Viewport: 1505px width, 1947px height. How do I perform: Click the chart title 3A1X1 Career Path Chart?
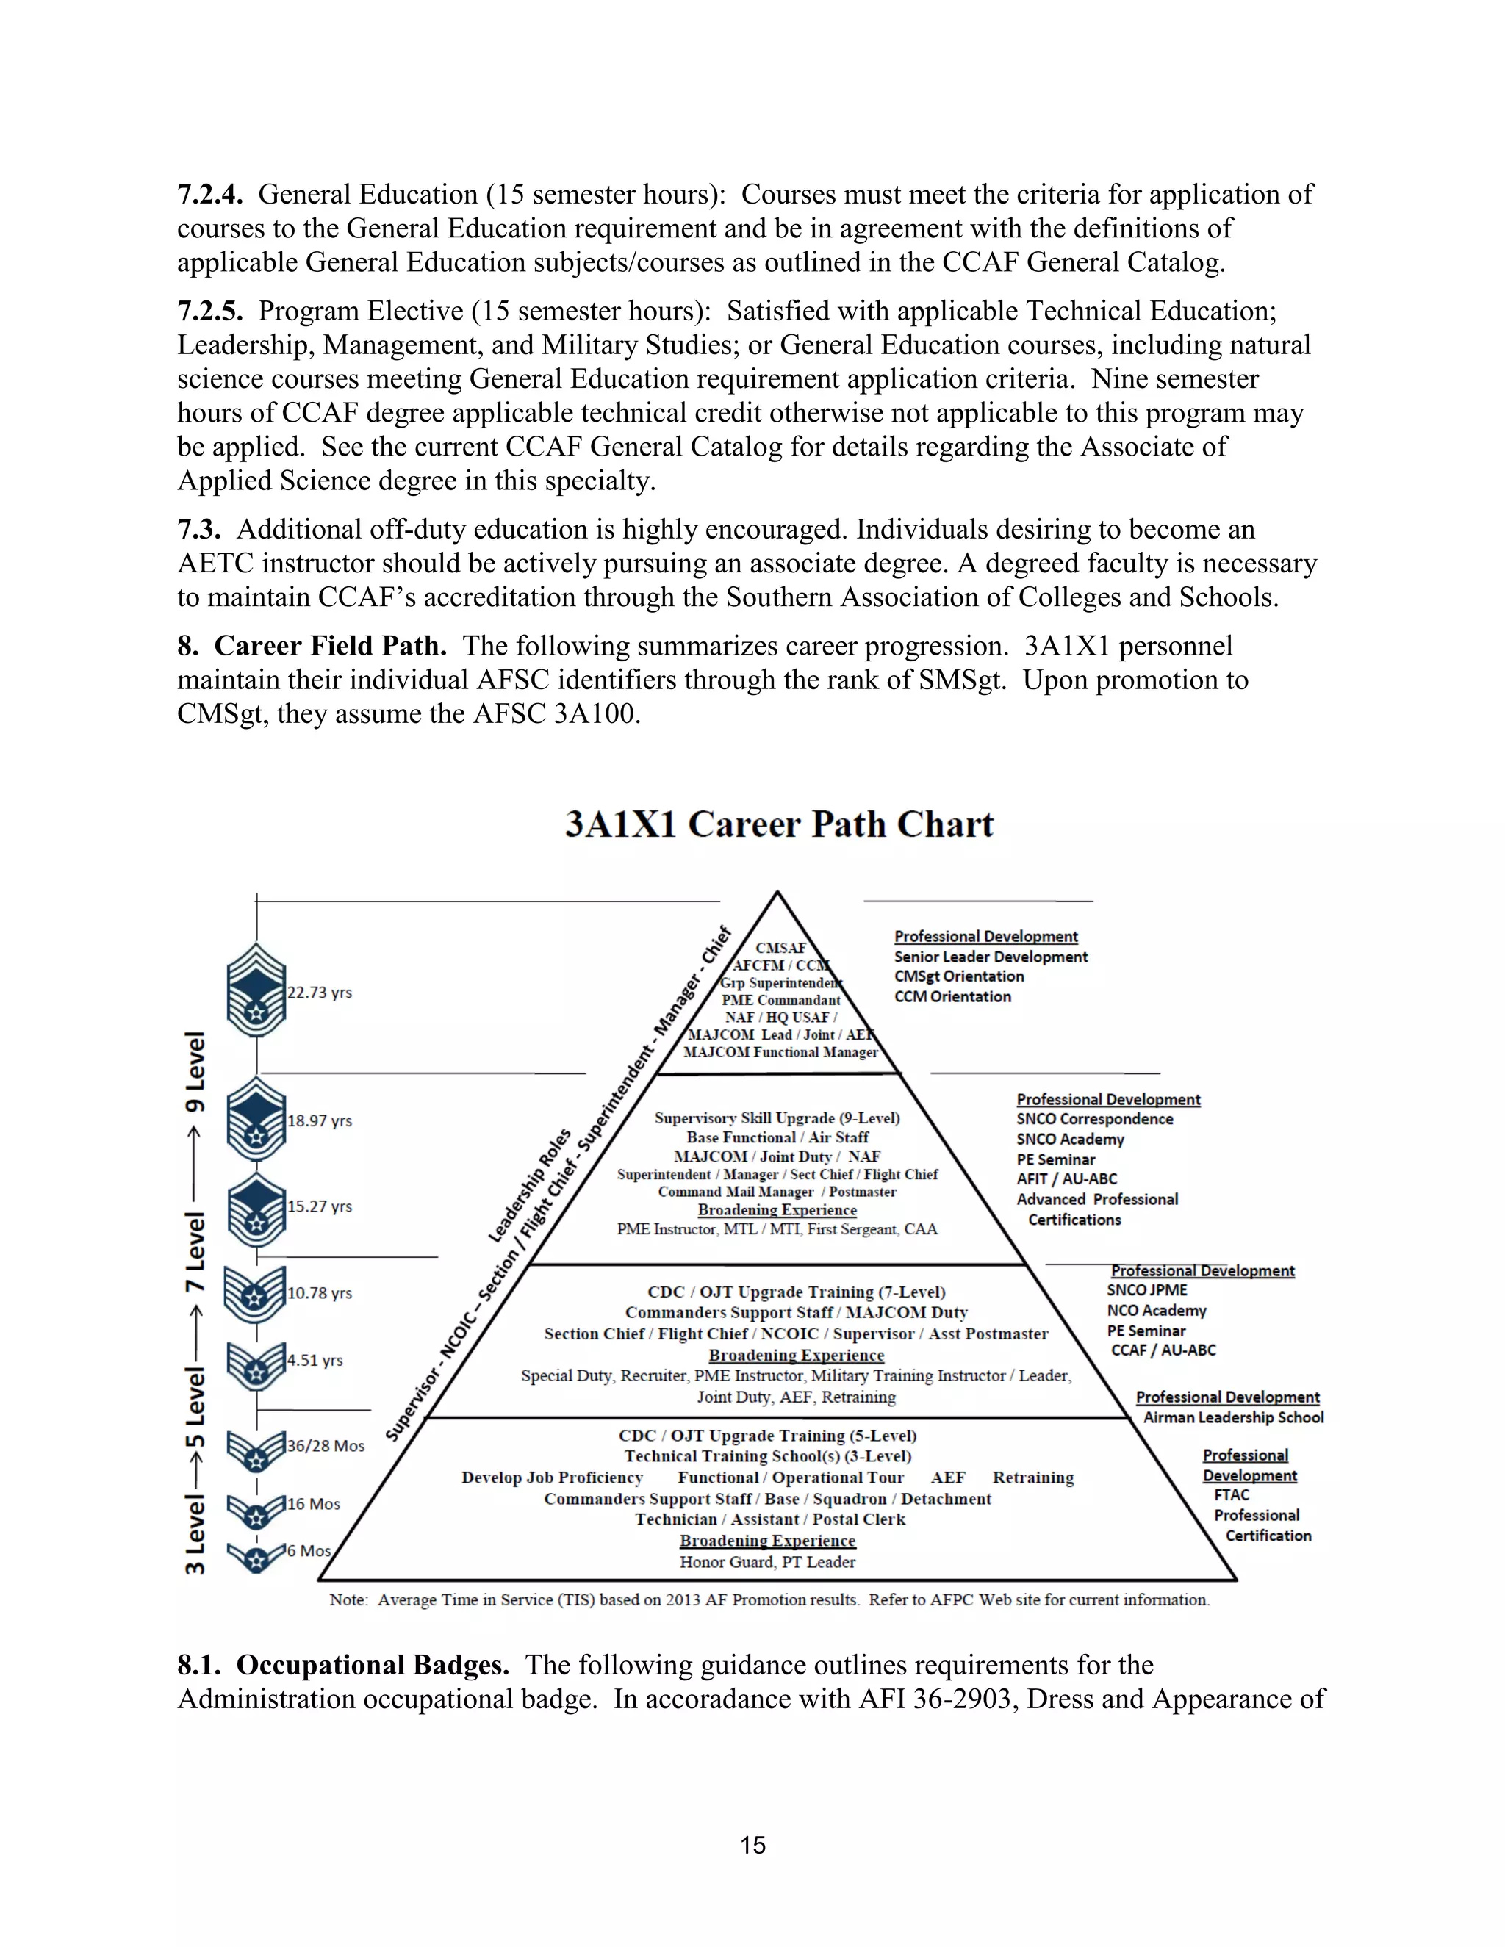point(778,824)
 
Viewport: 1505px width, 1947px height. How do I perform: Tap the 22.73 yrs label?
point(319,992)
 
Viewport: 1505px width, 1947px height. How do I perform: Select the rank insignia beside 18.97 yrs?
point(256,1120)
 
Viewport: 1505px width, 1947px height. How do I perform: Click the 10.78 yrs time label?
point(319,1292)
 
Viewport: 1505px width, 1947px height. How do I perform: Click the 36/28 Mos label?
point(326,1445)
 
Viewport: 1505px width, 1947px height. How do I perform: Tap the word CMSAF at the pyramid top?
point(780,948)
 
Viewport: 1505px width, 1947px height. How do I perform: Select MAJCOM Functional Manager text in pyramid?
point(780,1052)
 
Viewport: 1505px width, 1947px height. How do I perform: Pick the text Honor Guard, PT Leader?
point(766,1562)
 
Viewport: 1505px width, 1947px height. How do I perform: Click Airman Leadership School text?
point(1233,1417)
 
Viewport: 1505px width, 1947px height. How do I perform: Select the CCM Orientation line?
point(952,997)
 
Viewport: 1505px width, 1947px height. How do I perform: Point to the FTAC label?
point(1232,1495)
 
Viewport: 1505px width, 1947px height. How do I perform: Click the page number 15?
point(752,1844)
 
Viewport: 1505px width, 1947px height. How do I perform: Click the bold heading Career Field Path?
point(330,645)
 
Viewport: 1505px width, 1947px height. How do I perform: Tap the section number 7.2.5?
point(209,311)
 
